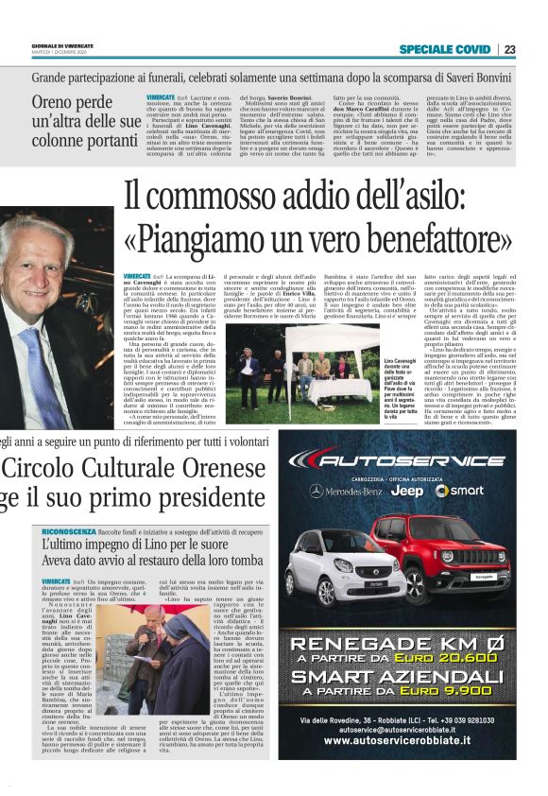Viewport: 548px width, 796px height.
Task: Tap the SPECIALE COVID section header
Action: coord(444,49)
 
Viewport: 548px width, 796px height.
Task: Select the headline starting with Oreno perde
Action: coord(86,122)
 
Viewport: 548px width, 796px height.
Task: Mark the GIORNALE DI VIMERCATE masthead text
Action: coord(60,44)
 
